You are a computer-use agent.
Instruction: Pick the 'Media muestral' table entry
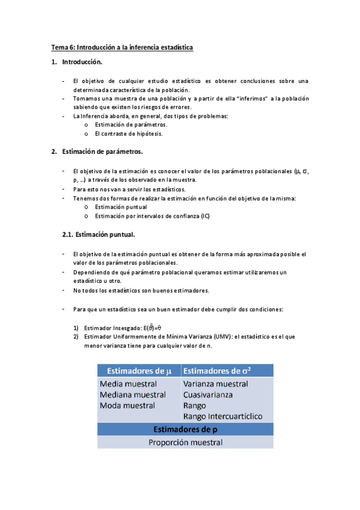[129, 384]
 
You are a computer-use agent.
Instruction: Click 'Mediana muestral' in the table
[133, 395]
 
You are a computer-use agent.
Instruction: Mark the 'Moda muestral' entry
[127, 405]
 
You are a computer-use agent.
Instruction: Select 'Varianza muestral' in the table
[216, 384]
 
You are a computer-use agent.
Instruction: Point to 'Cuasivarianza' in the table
[208, 395]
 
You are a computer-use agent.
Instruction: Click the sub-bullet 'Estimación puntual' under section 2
[121, 207]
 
